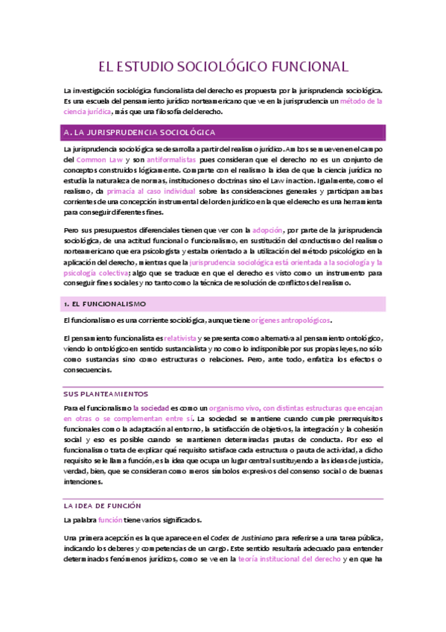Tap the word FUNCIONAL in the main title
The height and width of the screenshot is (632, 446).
pyautogui.click(x=305, y=66)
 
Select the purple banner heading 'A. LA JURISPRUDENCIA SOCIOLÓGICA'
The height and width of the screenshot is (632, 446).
pyautogui.click(x=141, y=133)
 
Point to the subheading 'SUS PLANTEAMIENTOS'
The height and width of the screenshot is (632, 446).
pyautogui.click(x=106, y=394)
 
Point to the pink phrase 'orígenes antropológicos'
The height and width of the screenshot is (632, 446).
pyautogui.click(x=290, y=320)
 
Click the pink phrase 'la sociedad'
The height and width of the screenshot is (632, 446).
pyautogui.click(x=151, y=408)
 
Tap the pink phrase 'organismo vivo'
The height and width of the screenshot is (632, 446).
pyautogui.click(x=234, y=408)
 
